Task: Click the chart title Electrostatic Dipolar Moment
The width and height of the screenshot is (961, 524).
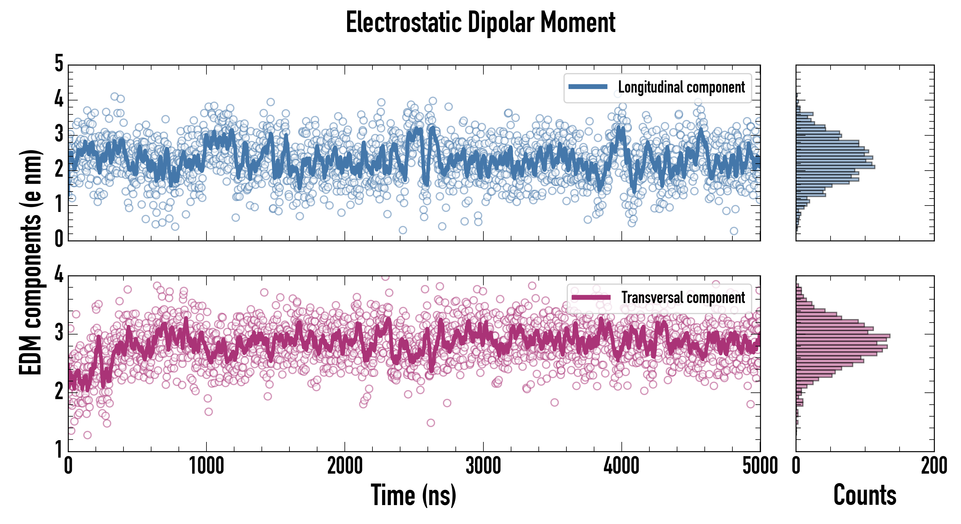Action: pyautogui.click(x=480, y=22)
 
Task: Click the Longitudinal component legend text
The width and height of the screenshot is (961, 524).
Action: pyautogui.click(x=681, y=87)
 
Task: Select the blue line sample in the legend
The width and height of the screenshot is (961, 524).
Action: pyautogui.click(x=588, y=87)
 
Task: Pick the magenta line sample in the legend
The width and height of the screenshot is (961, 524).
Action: pyautogui.click(x=591, y=297)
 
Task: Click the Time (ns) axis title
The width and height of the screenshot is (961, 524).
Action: pyautogui.click(x=413, y=495)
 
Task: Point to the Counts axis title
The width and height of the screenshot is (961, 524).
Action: pyautogui.click(x=864, y=495)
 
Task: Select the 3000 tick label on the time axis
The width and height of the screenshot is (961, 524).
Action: pyautogui.click(x=483, y=466)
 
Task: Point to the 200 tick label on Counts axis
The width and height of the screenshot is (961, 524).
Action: pyautogui.click(x=934, y=466)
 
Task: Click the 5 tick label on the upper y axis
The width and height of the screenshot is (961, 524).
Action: pyautogui.click(x=59, y=63)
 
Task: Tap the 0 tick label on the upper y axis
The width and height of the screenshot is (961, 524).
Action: pyautogui.click(x=59, y=239)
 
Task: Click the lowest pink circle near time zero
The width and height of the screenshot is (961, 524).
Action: pyautogui.click(x=87, y=435)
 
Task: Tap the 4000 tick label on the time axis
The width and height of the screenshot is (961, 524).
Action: pyautogui.click(x=621, y=466)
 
